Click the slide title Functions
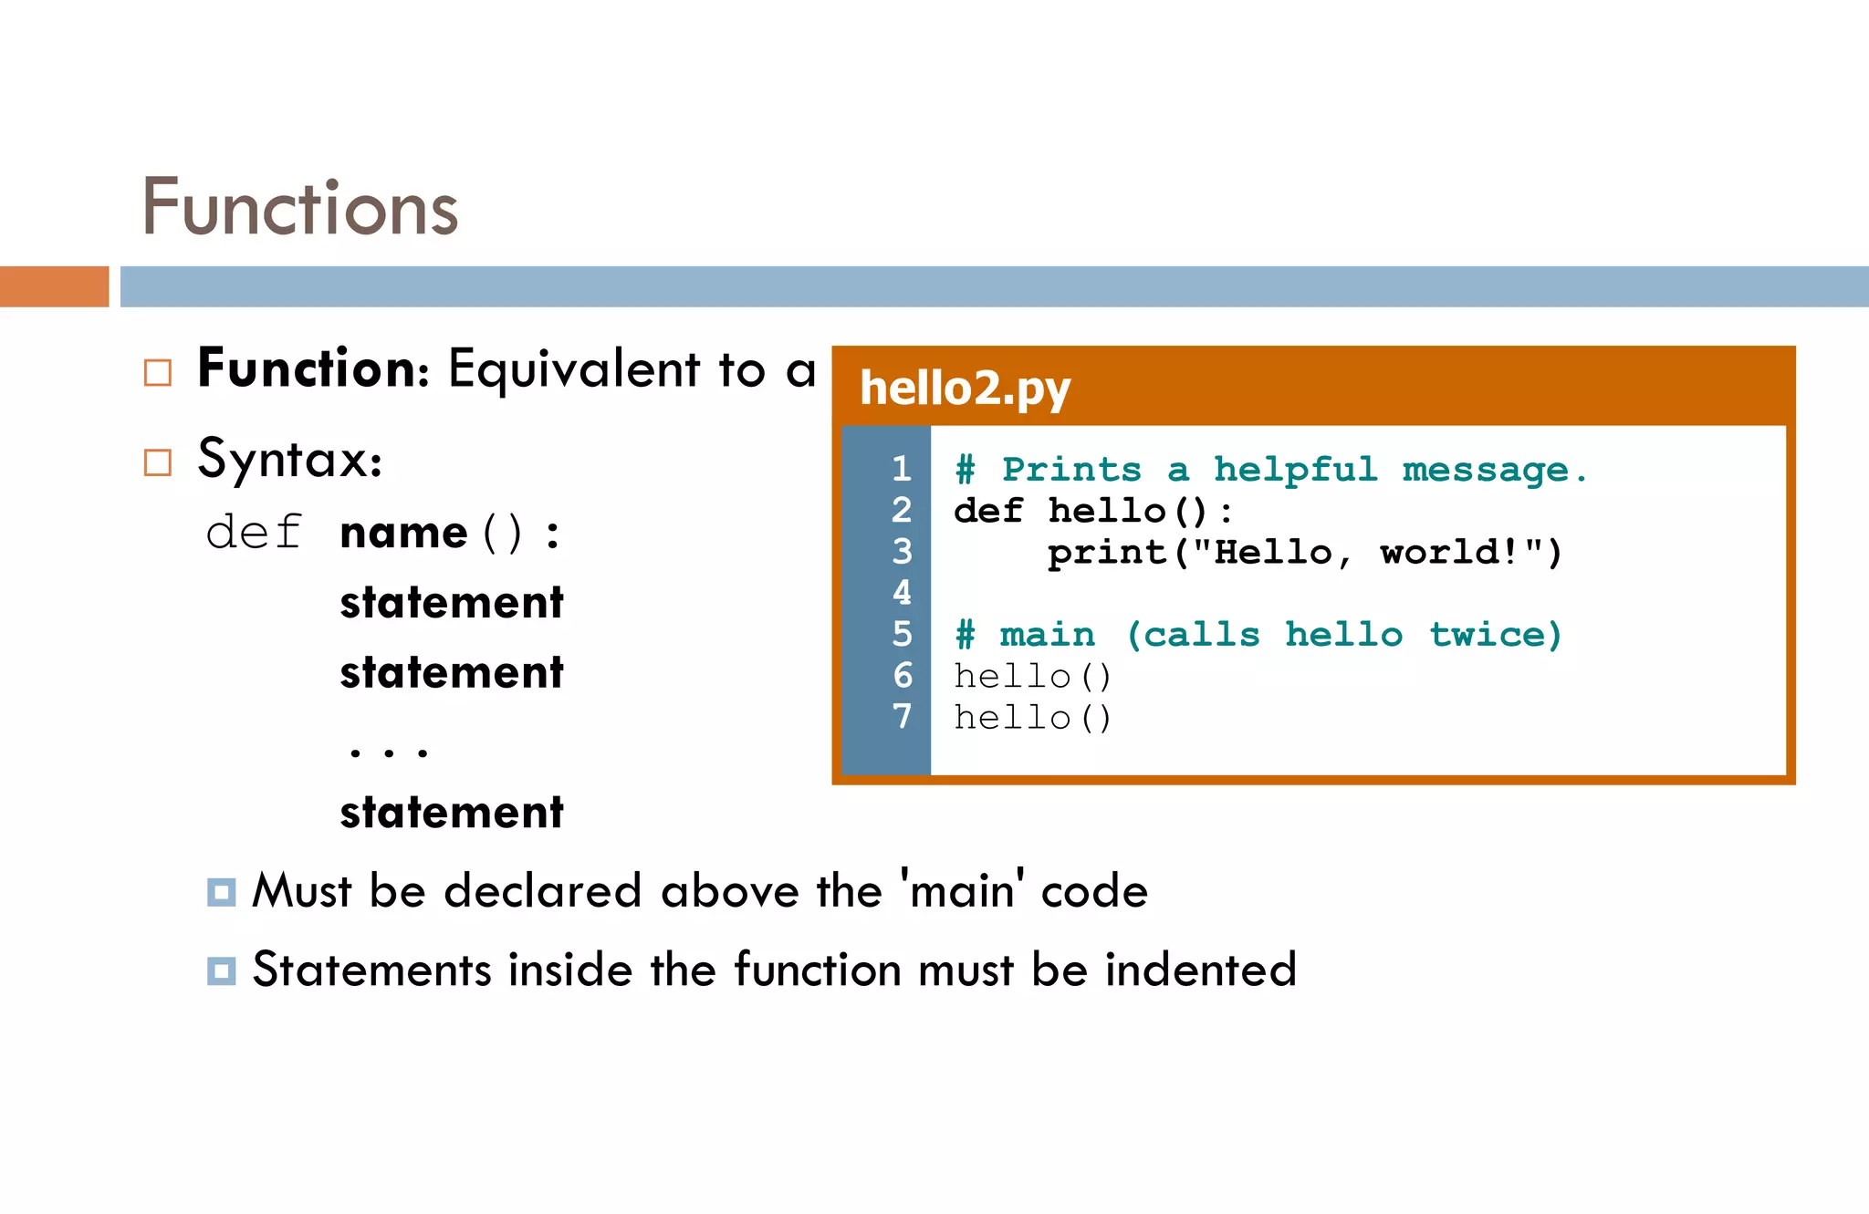point(299,208)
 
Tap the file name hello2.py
point(965,388)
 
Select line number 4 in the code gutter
point(902,593)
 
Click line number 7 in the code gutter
point(902,717)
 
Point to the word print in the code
point(1106,553)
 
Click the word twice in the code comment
point(1495,635)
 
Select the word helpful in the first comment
point(1294,470)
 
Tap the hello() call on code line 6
point(1032,677)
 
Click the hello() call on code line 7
point(1032,719)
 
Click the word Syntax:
point(289,459)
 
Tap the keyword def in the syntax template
point(254,533)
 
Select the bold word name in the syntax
point(403,533)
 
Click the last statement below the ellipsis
point(452,812)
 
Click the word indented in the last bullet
point(1200,970)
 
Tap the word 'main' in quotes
point(962,890)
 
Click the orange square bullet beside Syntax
point(158,462)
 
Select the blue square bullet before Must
point(221,891)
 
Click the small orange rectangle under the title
point(54,286)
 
